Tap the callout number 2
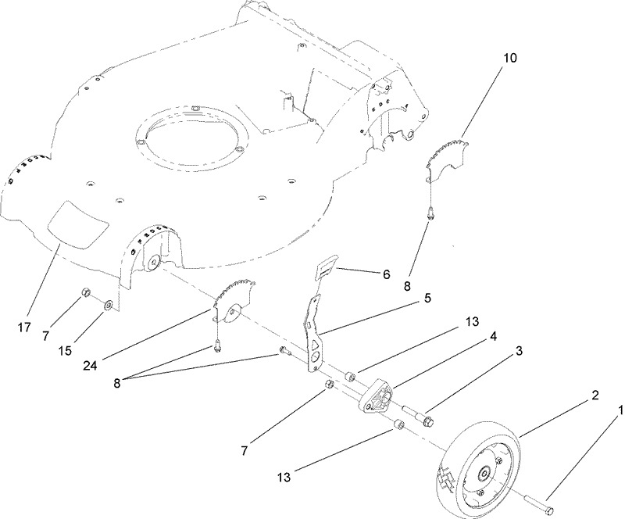click(x=595, y=397)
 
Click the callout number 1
click(x=620, y=410)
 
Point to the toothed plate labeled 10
click(x=447, y=156)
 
